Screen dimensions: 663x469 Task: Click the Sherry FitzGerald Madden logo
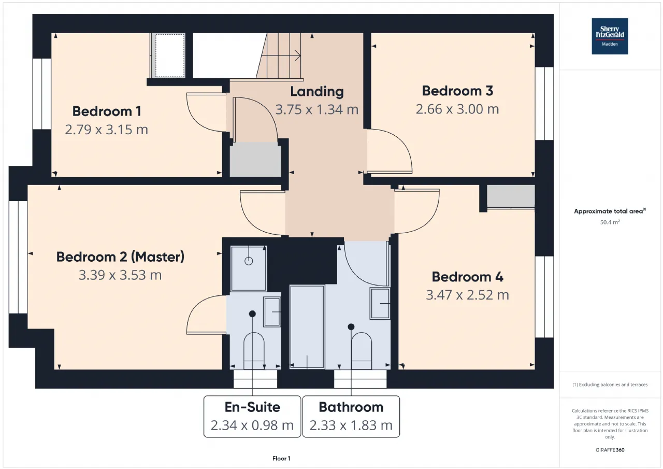[x=610, y=36]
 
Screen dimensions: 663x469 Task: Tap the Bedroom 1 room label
[x=107, y=111]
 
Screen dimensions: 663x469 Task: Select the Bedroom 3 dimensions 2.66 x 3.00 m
[x=457, y=109]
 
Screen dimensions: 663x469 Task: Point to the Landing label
[x=317, y=92]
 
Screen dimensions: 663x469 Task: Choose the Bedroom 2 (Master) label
[x=120, y=257]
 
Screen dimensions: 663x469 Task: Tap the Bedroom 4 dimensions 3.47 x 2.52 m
[x=467, y=295]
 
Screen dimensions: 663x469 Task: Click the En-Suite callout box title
[x=252, y=407]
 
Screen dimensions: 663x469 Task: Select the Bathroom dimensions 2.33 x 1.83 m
[x=351, y=425]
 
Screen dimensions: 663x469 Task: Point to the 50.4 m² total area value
[x=610, y=222]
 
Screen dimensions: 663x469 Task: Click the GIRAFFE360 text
[x=610, y=450]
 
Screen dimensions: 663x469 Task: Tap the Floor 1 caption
[x=281, y=458]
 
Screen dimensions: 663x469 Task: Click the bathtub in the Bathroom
[x=307, y=327]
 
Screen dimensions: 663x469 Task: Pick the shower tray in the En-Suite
[x=249, y=268]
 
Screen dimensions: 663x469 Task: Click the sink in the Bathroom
[x=380, y=303]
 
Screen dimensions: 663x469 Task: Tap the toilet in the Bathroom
[x=362, y=351]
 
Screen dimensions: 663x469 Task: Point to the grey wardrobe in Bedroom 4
[x=511, y=196]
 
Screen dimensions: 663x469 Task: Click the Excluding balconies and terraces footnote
[x=610, y=385]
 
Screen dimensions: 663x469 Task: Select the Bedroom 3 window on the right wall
[x=544, y=103]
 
